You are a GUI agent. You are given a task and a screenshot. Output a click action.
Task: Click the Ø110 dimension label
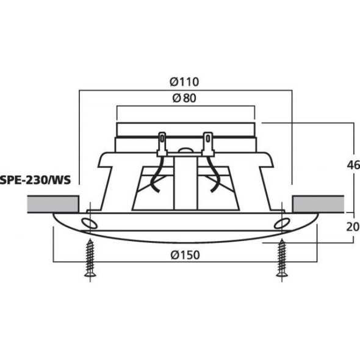tap(185, 81)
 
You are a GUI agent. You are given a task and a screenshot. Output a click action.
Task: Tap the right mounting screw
tap(281, 259)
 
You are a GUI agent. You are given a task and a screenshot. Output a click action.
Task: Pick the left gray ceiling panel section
tap(53, 204)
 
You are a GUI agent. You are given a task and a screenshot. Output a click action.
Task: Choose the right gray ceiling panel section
tap(317, 204)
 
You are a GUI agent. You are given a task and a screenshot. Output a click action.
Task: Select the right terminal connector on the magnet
tap(207, 143)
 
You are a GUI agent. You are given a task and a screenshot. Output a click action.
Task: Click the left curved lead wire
tap(156, 177)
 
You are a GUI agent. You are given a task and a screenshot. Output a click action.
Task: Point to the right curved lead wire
tap(215, 177)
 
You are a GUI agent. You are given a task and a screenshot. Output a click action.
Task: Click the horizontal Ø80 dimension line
tap(146, 107)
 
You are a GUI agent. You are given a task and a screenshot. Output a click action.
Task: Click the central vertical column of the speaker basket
tap(185, 183)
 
